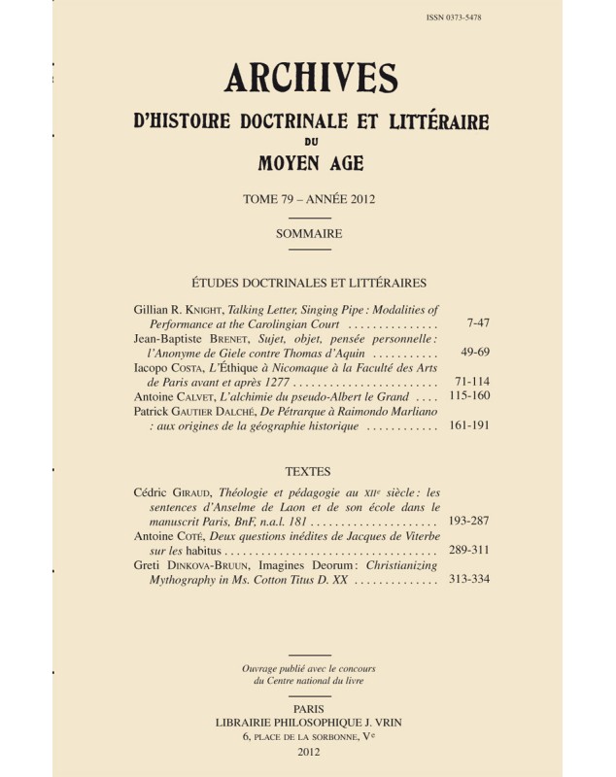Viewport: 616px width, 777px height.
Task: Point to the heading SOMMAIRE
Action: (310, 233)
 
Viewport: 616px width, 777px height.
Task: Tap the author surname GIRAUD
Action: (191, 491)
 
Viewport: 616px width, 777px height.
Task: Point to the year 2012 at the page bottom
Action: (310, 753)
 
